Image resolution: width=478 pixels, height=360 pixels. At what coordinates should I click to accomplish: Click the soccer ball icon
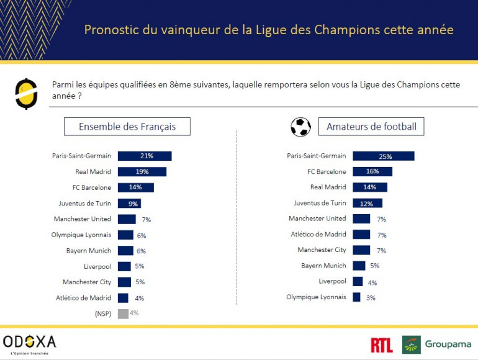click(300, 127)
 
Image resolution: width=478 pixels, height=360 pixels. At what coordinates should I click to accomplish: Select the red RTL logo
click(381, 345)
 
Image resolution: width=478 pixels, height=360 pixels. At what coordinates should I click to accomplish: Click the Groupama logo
click(436, 344)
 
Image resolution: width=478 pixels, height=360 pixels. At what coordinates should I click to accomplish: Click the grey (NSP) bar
click(123, 313)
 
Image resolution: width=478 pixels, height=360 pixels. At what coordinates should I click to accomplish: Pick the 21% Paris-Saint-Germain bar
click(144, 156)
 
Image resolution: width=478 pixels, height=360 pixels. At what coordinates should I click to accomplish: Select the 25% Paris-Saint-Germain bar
click(383, 156)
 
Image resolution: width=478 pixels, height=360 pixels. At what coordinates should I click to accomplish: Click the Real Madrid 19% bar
click(142, 172)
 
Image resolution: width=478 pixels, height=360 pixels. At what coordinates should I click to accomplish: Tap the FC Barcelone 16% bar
click(372, 172)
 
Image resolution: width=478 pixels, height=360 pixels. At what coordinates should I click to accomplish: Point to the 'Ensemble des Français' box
click(127, 127)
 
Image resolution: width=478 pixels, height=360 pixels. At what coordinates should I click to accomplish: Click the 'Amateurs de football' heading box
click(371, 127)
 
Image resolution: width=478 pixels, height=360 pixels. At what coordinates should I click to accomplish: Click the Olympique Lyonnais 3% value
click(371, 298)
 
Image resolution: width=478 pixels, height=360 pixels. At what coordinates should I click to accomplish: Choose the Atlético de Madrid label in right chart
click(318, 235)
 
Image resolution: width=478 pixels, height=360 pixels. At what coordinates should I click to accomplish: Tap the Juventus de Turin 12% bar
click(367, 203)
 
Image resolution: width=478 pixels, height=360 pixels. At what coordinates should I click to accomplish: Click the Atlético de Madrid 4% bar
click(123, 298)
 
